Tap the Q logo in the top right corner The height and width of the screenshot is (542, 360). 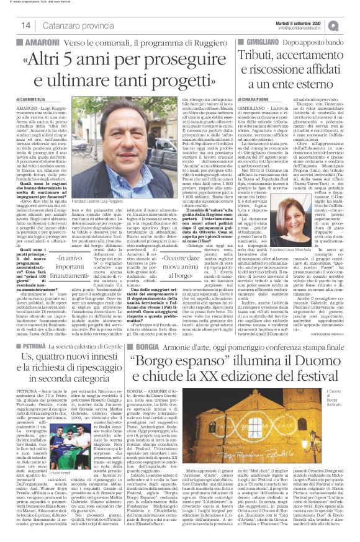[x=351, y=23]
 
